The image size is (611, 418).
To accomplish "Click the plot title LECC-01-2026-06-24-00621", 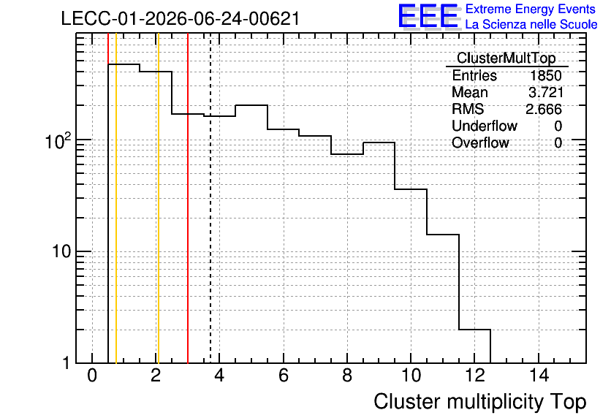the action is click(x=181, y=18).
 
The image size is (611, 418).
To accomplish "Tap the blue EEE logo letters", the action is click(x=428, y=16).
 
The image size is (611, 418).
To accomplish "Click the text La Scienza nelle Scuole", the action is click(x=531, y=25).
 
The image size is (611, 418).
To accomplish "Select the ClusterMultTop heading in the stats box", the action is click(x=506, y=58).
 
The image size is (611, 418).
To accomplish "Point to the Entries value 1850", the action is click(x=545, y=75).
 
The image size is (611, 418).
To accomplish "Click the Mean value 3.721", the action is click(x=546, y=92).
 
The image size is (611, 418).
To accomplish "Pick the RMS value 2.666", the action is click(x=544, y=109).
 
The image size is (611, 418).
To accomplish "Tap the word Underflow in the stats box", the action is click(x=485, y=126).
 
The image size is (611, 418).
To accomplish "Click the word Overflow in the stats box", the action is click(x=480, y=142).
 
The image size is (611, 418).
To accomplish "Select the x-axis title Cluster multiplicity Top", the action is click(x=480, y=402).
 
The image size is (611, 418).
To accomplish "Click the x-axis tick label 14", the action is click(x=539, y=376).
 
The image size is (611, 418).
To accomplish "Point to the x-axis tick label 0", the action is click(x=92, y=376).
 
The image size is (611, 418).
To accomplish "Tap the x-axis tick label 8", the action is click(x=347, y=376).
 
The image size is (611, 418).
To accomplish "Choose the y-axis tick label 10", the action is click(x=61, y=251).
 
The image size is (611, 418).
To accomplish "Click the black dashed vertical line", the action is click(x=210, y=198).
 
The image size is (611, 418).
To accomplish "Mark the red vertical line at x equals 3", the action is click(x=188, y=198).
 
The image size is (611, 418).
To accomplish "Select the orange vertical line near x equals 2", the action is click(x=159, y=198).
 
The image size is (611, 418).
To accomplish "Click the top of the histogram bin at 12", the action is click(x=474, y=330).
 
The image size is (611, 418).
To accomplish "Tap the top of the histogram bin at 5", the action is click(x=251, y=105).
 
